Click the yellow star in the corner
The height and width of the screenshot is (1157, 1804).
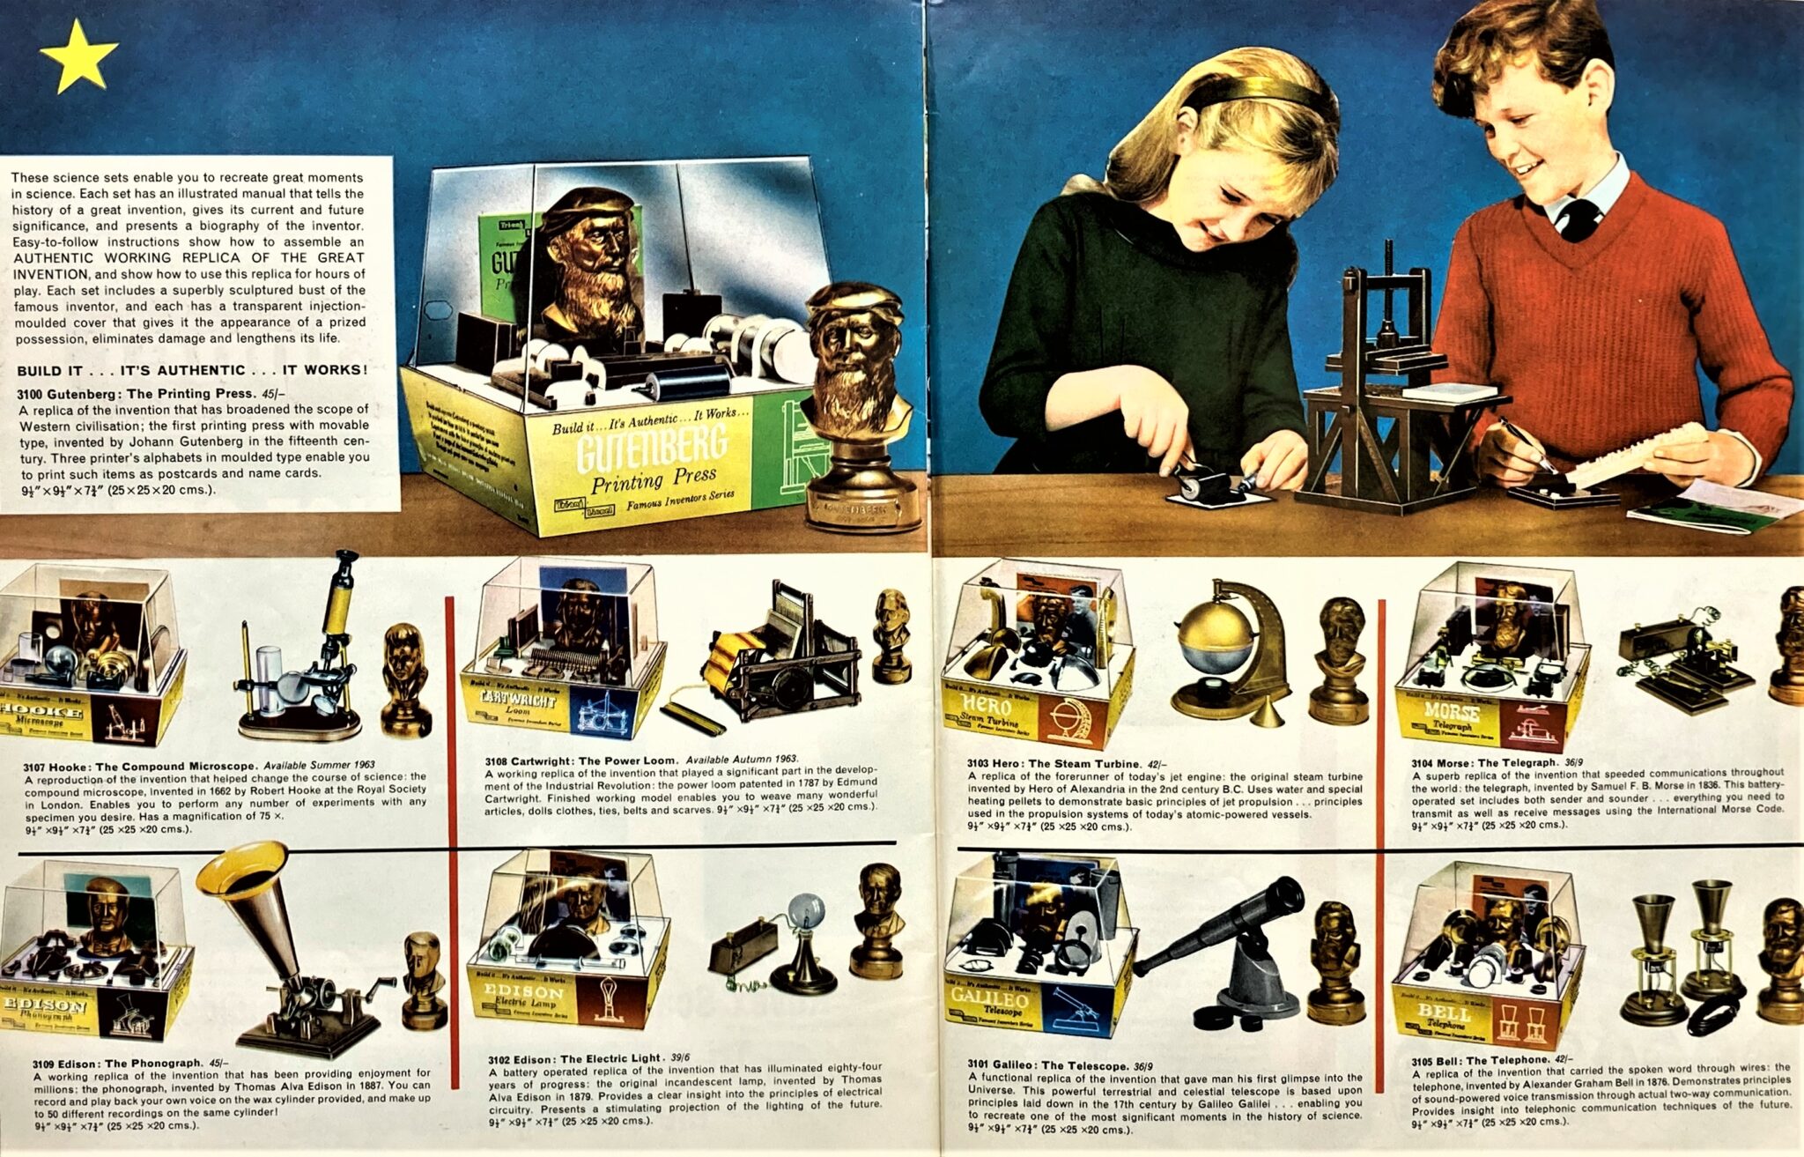tap(78, 56)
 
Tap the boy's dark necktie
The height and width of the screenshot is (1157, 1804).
tap(1577, 220)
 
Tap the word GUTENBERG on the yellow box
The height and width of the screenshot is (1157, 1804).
tap(652, 448)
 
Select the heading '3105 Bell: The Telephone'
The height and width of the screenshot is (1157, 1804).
tap(1480, 1060)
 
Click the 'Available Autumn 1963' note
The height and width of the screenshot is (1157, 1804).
tap(742, 759)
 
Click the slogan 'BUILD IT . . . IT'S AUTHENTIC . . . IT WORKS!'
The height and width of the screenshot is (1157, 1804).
tap(192, 370)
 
